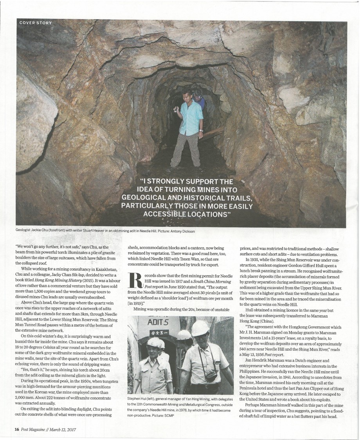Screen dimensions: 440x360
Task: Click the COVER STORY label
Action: tap(35, 23)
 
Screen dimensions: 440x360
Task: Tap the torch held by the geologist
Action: tap(177, 110)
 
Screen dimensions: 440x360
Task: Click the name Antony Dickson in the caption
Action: tap(181, 231)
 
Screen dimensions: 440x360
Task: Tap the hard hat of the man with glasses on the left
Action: tap(154, 343)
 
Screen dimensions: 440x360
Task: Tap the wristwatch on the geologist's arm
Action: tap(201, 130)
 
